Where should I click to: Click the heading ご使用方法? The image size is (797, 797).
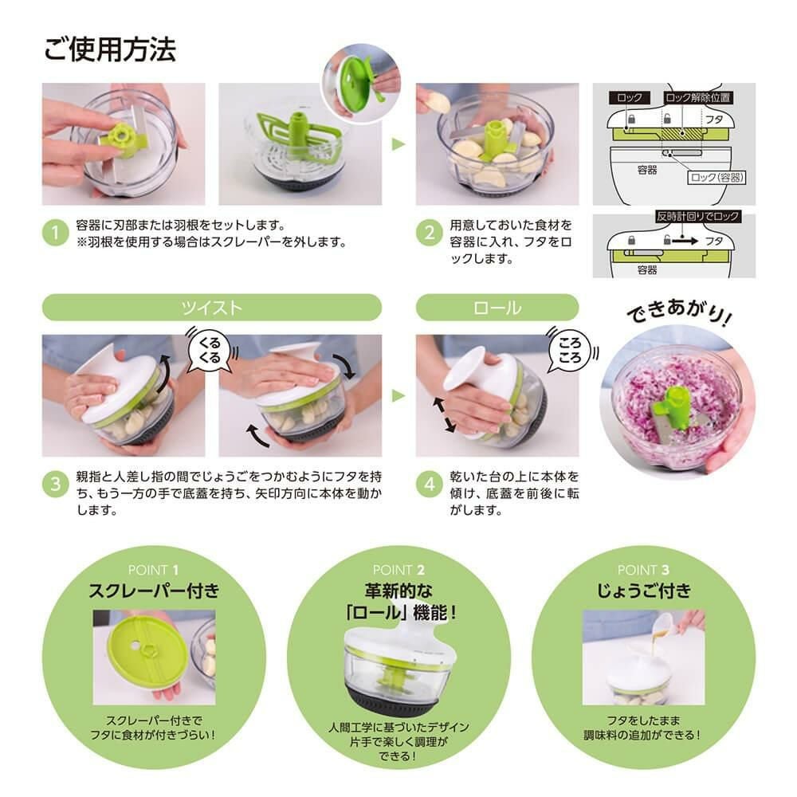point(109,49)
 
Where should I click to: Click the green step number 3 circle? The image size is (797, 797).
point(55,484)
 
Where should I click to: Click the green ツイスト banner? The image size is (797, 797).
point(211,307)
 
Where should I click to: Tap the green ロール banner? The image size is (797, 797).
point(497,307)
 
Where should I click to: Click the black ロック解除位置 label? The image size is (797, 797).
point(697,97)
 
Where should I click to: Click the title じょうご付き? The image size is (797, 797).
point(642,591)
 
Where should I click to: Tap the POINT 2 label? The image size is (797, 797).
point(398,569)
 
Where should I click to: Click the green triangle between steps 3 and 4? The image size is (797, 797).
point(398,395)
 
